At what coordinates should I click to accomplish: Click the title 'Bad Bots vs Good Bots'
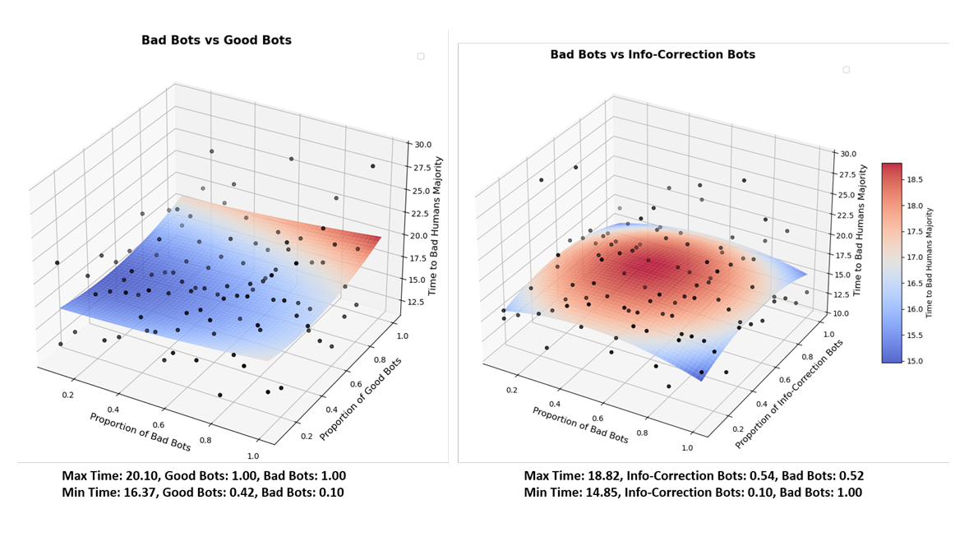click(x=216, y=40)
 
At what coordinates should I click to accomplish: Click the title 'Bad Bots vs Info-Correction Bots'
click(x=653, y=55)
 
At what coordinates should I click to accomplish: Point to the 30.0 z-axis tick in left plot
click(x=422, y=145)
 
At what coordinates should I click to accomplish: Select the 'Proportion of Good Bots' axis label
click(x=362, y=398)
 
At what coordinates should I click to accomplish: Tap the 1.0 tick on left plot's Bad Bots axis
click(x=252, y=456)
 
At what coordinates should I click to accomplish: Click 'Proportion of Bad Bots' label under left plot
click(x=140, y=432)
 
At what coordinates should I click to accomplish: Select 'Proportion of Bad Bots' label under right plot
click(x=579, y=425)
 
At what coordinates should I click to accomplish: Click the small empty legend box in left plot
click(x=421, y=56)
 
